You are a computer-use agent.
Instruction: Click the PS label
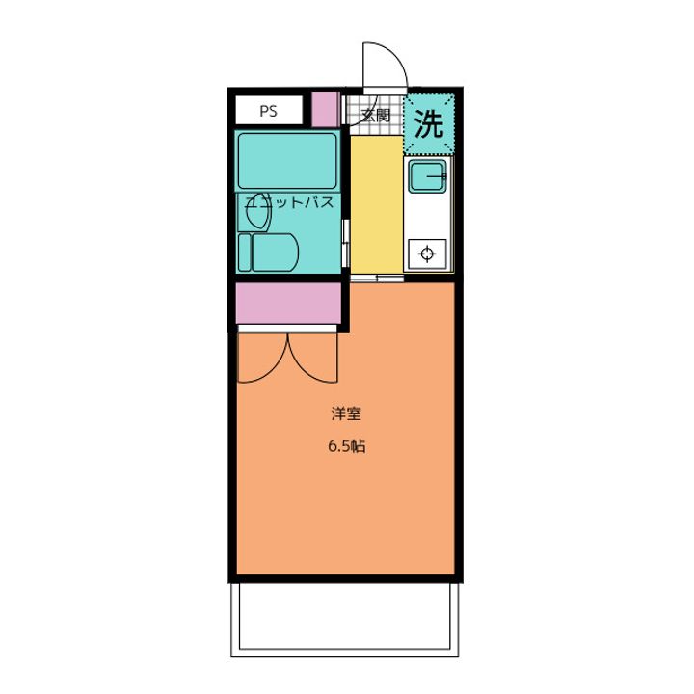[267, 111]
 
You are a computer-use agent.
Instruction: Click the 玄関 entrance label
[375, 115]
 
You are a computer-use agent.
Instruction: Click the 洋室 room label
[346, 414]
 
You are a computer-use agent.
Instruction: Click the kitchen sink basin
[426, 177]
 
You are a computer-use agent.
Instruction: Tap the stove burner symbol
[428, 254]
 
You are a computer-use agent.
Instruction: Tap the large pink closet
[289, 304]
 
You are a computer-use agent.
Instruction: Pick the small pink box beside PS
[326, 109]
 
